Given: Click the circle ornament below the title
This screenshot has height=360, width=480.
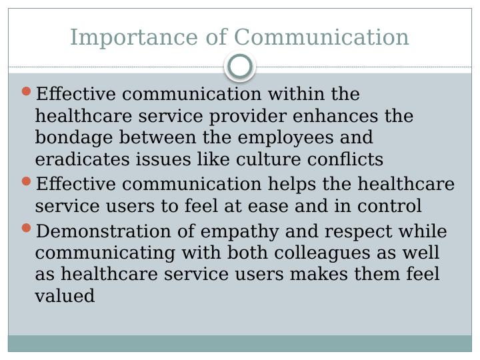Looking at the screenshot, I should point(240,67).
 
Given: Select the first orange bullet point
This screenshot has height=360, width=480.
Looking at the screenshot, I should point(27,91).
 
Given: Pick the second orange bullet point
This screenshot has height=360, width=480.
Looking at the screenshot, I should point(27,181).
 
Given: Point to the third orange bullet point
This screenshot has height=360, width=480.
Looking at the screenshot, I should point(27,229).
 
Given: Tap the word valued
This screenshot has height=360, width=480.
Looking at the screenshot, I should point(65,297).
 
